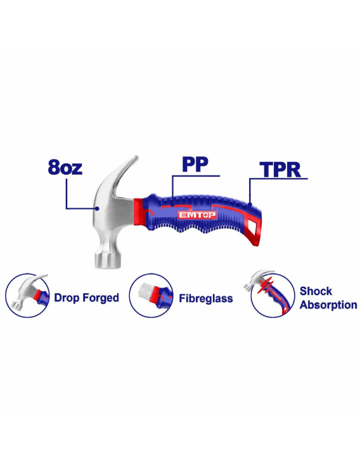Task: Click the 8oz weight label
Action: (x=65, y=167)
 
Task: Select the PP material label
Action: (x=195, y=164)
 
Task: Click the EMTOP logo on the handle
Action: (x=197, y=215)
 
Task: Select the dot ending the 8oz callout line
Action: (x=97, y=208)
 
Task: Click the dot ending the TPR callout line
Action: (x=250, y=204)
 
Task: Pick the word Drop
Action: (x=67, y=298)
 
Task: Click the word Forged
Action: (x=101, y=298)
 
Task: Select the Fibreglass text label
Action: (x=206, y=298)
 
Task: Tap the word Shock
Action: (x=316, y=291)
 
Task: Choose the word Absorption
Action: (x=328, y=305)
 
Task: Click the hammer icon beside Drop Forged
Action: (x=27, y=295)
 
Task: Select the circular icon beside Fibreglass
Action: (x=151, y=295)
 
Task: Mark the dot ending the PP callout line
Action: (x=172, y=204)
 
